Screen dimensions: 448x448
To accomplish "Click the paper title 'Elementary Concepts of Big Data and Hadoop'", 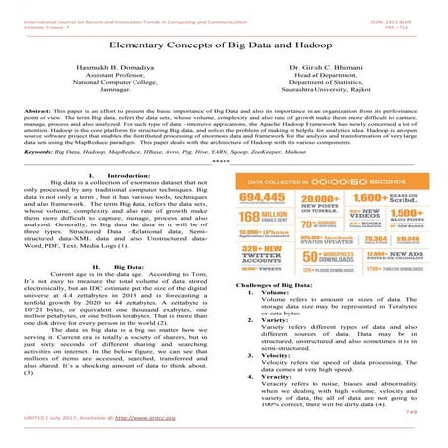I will tap(224, 45).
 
